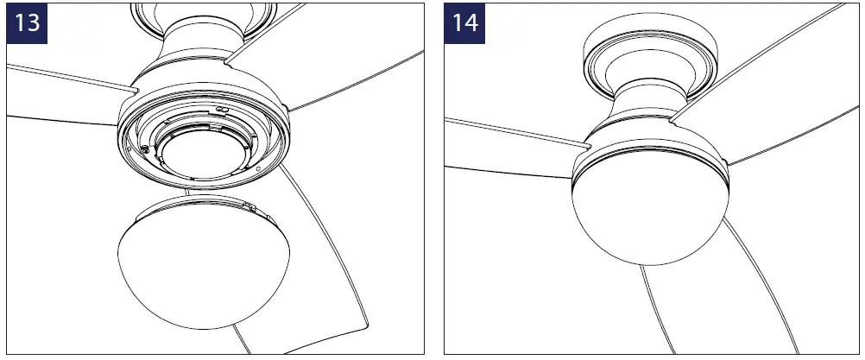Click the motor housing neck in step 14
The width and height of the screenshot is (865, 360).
pyautogui.click(x=649, y=99)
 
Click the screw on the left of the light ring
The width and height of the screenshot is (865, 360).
pyautogui.click(x=147, y=148)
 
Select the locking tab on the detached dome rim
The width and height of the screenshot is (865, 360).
pyautogui.click(x=249, y=206)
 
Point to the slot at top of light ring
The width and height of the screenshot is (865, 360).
pyautogui.click(x=219, y=111)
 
